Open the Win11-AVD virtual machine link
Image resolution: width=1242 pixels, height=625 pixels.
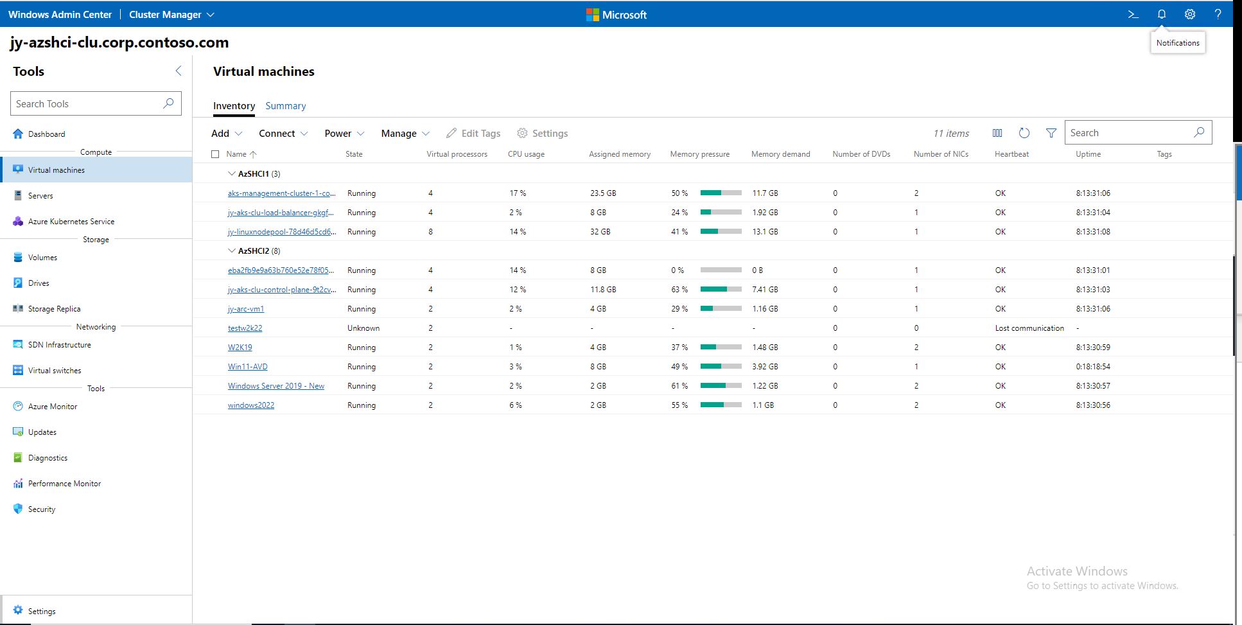247,367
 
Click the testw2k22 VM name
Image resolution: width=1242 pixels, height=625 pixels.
245,328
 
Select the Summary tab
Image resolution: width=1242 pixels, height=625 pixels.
285,106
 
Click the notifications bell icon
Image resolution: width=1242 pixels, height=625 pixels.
1161,14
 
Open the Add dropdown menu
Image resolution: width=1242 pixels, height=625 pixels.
227,134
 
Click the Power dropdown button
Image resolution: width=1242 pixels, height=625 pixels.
344,134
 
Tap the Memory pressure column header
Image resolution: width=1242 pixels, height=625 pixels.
699,154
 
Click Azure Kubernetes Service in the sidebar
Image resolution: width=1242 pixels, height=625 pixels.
71,222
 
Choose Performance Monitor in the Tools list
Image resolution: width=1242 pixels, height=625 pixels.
64,484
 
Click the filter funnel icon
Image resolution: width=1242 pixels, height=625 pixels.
1051,133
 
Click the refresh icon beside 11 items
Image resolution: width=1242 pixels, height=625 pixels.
1024,133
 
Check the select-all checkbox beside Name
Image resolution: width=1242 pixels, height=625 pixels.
215,154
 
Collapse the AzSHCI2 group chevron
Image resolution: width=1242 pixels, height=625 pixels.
232,251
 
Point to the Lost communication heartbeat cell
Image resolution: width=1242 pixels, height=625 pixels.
1029,328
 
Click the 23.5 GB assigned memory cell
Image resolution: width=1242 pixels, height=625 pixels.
602,193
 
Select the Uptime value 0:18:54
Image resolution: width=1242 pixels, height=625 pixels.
1092,367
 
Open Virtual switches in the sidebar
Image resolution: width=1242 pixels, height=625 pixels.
55,371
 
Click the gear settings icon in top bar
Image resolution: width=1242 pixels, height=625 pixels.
1189,14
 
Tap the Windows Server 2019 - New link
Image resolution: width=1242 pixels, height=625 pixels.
276,386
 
